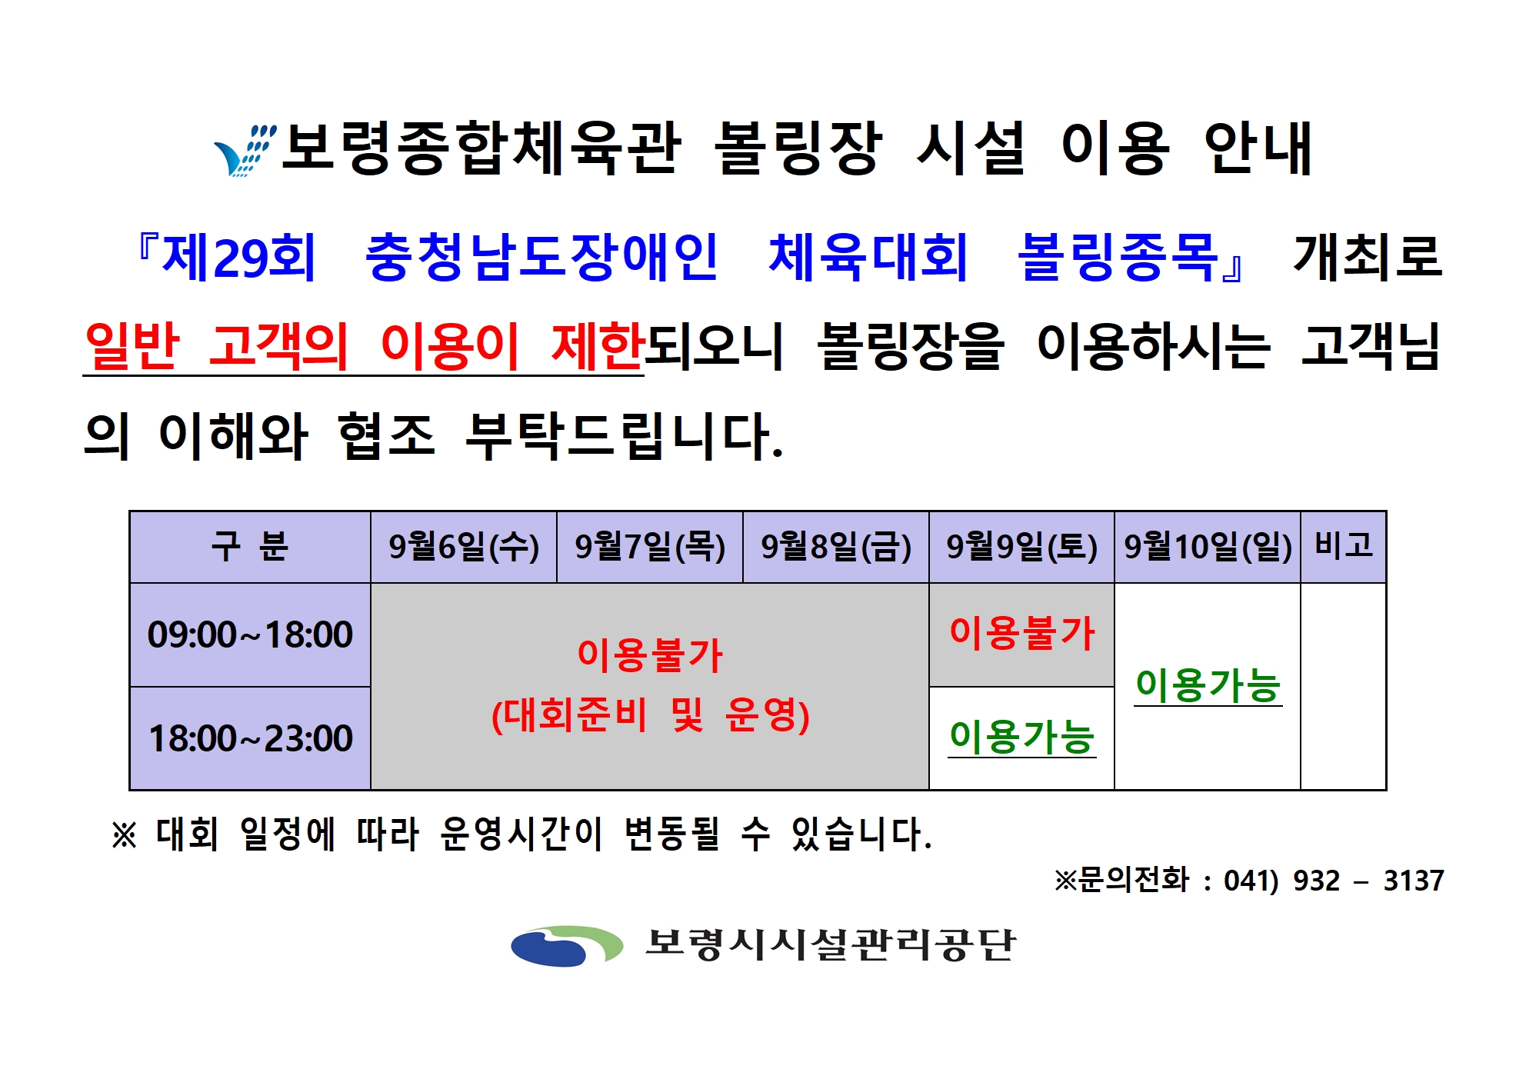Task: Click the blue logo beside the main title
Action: tap(245, 150)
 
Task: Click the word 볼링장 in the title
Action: tap(798, 148)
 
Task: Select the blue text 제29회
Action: tap(238, 257)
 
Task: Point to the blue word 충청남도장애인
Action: tap(541, 257)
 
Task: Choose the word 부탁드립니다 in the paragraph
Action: tap(624, 435)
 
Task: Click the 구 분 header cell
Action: tap(250, 547)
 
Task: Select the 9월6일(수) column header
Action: tap(464, 547)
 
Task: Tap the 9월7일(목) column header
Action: tap(650, 547)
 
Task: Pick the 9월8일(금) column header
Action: tap(836, 547)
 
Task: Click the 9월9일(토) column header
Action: tap(1022, 547)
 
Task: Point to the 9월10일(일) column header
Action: tap(1208, 547)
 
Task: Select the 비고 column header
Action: tap(1344, 547)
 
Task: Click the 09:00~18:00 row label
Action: tap(250, 635)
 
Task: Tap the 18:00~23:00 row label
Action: tap(250, 738)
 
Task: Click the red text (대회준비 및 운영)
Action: tap(651, 715)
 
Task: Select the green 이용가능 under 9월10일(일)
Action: tap(1208, 684)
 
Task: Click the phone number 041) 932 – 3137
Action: tap(1334, 881)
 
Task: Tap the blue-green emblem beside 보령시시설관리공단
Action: tap(567, 945)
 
